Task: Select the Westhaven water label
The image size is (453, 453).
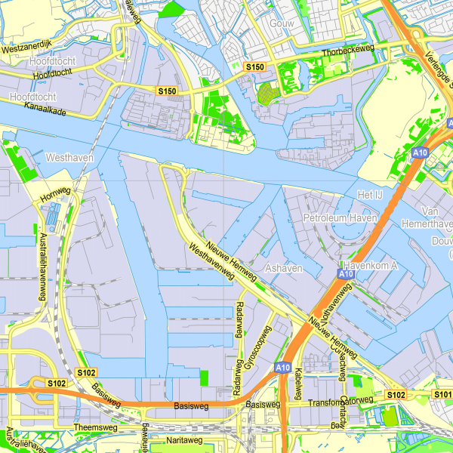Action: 69,159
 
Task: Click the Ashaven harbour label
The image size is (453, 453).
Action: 284,269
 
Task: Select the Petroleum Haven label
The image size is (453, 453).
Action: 339,218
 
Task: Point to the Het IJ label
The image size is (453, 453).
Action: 370,196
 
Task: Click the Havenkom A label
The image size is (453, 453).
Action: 370,266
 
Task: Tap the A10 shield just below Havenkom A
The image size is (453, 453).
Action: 346,275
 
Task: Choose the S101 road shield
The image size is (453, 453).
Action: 442,395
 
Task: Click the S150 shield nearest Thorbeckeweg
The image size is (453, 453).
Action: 255,67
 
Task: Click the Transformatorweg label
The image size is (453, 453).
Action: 341,402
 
